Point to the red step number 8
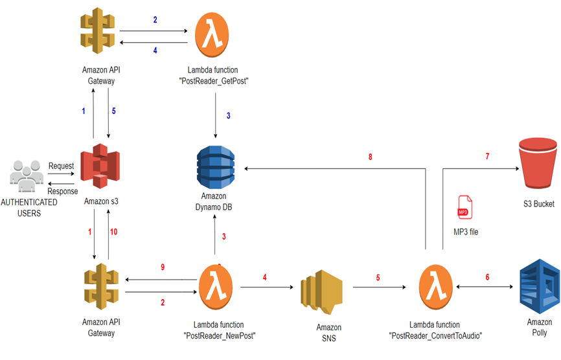tap(369, 157)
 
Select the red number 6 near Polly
tap(488, 276)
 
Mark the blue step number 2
tap(155, 20)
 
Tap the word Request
tap(61, 166)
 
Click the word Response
tap(63, 191)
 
